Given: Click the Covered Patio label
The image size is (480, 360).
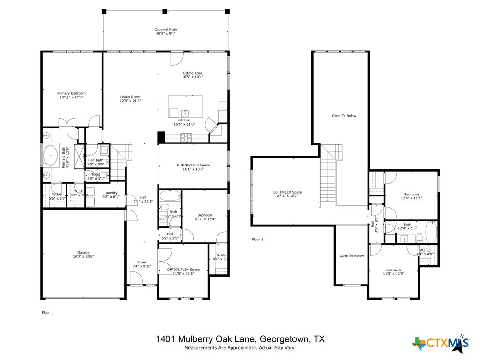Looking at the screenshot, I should [x=166, y=30].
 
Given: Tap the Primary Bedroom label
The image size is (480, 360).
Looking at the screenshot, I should [x=71, y=93].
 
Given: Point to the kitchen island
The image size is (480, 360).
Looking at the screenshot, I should [x=186, y=107].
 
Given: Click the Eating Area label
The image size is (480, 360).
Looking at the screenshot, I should [x=192, y=73].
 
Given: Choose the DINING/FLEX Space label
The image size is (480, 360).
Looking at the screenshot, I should [x=193, y=165].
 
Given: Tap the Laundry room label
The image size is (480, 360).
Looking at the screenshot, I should [x=111, y=193].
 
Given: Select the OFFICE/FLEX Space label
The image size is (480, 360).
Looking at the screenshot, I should [x=183, y=270].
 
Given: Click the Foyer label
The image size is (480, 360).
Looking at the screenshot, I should [x=142, y=262].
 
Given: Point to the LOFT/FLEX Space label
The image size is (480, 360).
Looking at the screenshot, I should [x=287, y=192].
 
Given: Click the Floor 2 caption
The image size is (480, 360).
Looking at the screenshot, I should [x=257, y=240].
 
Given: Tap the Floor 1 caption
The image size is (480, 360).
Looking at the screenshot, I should [x=47, y=312].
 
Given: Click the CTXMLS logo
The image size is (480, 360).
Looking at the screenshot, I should [x=440, y=344].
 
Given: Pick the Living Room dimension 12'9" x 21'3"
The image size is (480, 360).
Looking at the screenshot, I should [x=130, y=101].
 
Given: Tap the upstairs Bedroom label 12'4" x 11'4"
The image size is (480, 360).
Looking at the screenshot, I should [x=411, y=194].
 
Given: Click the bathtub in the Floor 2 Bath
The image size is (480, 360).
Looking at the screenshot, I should [x=431, y=232].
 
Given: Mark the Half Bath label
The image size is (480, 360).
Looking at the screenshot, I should [x=96, y=160].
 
